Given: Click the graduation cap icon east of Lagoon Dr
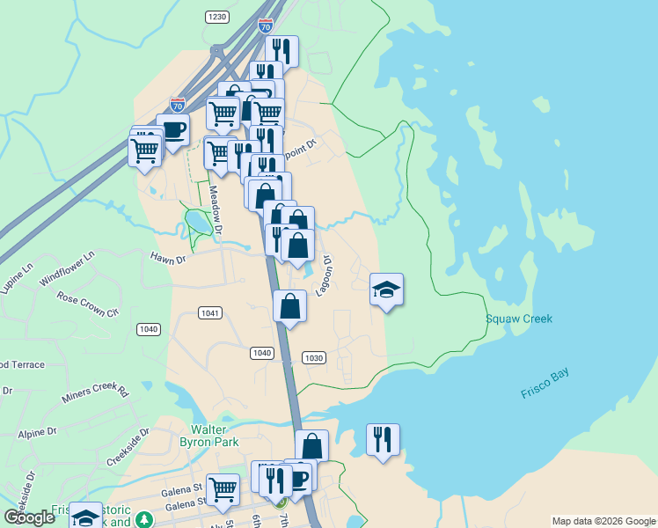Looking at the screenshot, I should [386, 290].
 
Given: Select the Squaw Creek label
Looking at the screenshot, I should [519, 319].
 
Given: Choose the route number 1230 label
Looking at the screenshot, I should [217, 17].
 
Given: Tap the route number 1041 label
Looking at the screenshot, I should [209, 312].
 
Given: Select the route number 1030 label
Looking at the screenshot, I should [314, 357].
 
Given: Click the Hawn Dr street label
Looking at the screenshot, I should [168, 259].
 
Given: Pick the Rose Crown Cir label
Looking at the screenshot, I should [87, 304].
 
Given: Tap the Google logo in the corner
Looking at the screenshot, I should [30, 517].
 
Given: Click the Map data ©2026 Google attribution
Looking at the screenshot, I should [603, 521].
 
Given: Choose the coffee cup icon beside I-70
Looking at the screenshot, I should [172, 129].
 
